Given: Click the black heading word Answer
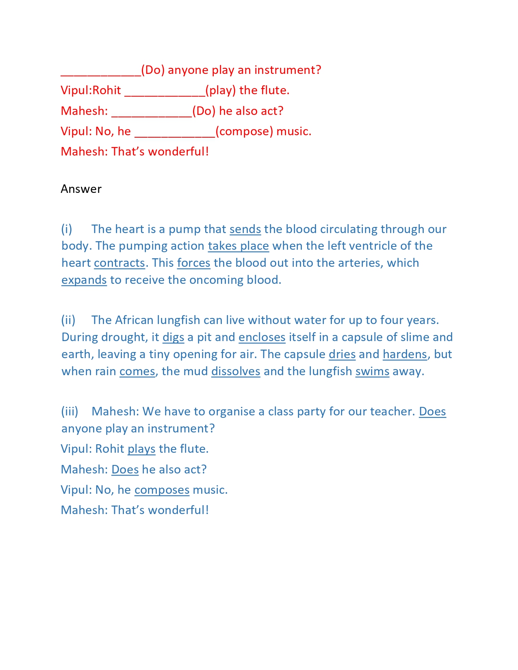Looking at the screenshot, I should tap(81, 189).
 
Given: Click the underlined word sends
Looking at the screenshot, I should tap(245, 229).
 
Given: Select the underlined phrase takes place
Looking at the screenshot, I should tap(238, 246).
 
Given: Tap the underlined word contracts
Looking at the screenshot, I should tap(119, 263).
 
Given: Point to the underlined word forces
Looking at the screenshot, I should tap(193, 263).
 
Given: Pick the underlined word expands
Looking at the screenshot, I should tap(84, 280).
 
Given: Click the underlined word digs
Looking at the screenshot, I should tap(173, 337).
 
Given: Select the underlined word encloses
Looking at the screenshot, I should tap(262, 337).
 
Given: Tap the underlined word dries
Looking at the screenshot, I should tap(342, 354).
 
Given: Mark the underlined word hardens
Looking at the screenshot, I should tap(405, 354).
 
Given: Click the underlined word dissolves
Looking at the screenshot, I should tap(236, 372).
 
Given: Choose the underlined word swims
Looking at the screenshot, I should tap(372, 372).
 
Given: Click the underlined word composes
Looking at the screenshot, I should tap(162, 490).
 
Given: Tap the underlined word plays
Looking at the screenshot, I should tap(141, 449).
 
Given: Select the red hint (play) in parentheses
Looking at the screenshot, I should tap(221, 91).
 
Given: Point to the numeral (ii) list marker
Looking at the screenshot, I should tap(68, 320).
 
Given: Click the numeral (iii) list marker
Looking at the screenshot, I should tap(69, 412).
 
